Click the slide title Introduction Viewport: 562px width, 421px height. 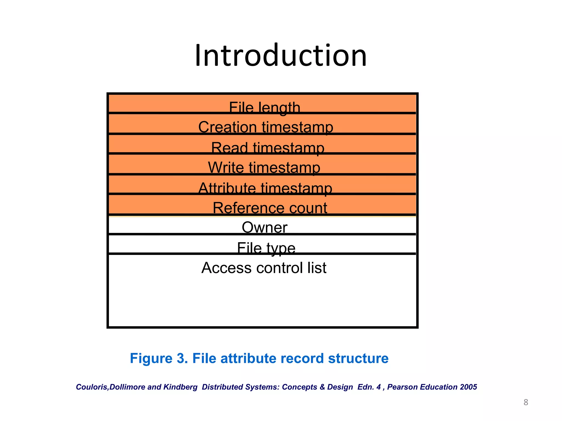point(281,56)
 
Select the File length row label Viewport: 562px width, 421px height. point(265,107)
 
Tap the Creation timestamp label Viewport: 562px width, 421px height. point(266,127)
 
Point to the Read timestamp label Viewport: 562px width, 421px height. point(268,148)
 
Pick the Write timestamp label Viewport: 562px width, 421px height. point(264,167)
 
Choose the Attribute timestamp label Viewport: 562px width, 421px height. point(265,188)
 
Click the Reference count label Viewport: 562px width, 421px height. point(270,208)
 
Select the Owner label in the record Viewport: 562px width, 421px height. point(265,227)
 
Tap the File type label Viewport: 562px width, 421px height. point(266,248)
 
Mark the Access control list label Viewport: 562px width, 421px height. point(264,268)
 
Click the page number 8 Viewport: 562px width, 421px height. point(526,402)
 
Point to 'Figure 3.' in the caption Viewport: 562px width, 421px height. point(159,358)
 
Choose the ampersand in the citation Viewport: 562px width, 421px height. point(322,387)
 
